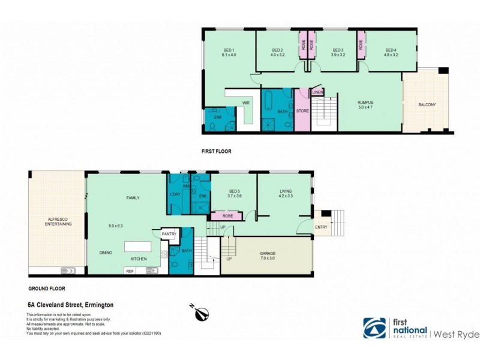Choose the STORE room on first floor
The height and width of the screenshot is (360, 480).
point(302,111)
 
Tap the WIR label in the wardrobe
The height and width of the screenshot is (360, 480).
point(245,103)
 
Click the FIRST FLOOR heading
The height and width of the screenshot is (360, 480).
point(216,152)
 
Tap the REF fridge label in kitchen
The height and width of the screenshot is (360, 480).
point(130,271)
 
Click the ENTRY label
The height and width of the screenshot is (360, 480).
point(321,227)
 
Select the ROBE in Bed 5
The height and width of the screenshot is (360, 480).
point(227,215)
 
